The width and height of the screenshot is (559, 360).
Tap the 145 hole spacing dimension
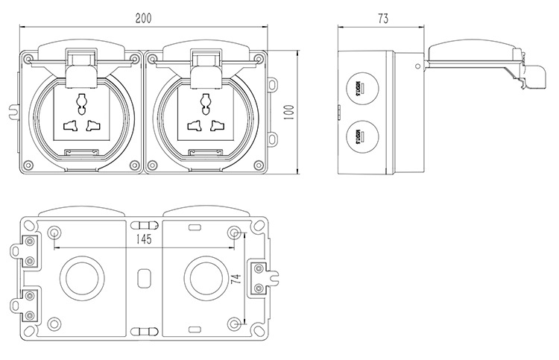point(144,239)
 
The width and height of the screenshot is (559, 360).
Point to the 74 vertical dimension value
point(236,280)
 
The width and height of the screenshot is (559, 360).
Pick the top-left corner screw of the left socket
point(29,58)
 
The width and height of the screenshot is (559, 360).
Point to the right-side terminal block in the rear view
point(259,279)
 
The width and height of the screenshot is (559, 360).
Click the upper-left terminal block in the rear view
point(29,251)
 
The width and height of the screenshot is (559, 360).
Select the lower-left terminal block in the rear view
point(29,303)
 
